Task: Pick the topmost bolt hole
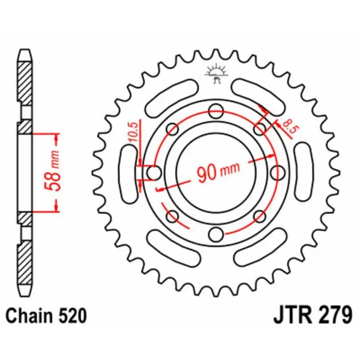click(216, 109)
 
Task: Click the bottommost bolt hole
click(216, 234)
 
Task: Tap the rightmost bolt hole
click(279, 172)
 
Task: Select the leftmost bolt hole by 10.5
click(153, 172)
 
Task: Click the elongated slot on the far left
click(129, 172)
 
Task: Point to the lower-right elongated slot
click(261, 247)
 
